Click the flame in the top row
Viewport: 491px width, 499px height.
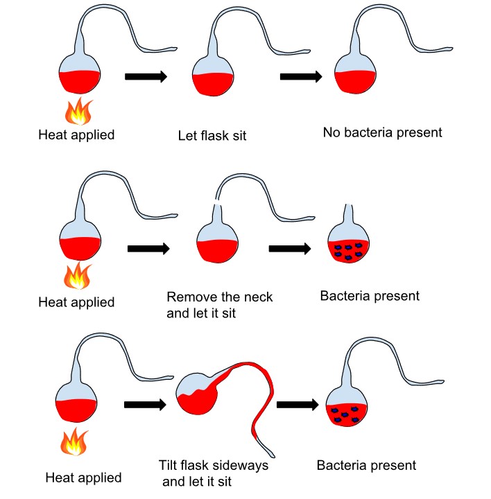pyautogui.click(x=78, y=111)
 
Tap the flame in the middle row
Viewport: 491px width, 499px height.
pyautogui.click(x=77, y=275)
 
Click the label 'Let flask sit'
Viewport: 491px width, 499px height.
pyautogui.click(x=212, y=135)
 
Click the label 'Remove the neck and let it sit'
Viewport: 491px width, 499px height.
pyautogui.click(x=220, y=304)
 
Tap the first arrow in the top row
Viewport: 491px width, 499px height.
pyautogui.click(x=146, y=76)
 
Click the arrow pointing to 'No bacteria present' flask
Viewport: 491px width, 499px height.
pyautogui.click(x=301, y=76)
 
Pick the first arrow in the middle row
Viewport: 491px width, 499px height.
pyautogui.click(x=149, y=247)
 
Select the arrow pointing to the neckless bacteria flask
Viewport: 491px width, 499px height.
pyautogui.click(x=290, y=247)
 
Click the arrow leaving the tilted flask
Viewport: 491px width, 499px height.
pyautogui.click(x=297, y=405)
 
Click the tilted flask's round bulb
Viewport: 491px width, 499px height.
pyautogui.click(x=197, y=395)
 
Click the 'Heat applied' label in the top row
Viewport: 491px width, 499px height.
pyautogui.click(x=76, y=135)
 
